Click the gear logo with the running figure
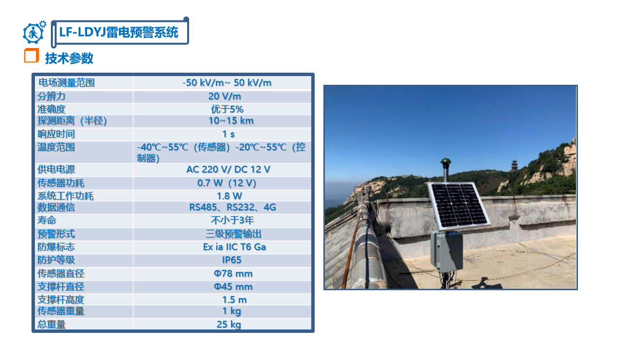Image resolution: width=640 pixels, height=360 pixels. click(x=34, y=32)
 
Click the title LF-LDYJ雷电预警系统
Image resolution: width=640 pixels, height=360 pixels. click(x=119, y=32)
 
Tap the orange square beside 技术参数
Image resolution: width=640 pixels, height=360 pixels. click(x=32, y=55)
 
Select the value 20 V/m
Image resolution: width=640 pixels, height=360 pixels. click(x=224, y=96)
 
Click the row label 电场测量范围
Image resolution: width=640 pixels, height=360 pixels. click(x=66, y=83)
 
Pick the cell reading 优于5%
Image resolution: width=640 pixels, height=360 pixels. click(x=227, y=109)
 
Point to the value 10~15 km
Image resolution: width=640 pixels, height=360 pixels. click(x=231, y=121)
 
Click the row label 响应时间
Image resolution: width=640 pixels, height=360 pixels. click(x=56, y=134)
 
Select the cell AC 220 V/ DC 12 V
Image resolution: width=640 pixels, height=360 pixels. click(x=228, y=169)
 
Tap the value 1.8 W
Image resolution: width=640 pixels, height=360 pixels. click(x=229, y=196)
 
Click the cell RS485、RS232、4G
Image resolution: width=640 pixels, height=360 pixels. click(x=232, y=207)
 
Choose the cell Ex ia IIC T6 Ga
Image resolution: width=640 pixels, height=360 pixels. click(x=234, y=247)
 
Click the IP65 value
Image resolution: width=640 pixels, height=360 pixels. click(x=232, y=260)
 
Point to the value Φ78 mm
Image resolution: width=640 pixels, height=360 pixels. click(x=233, y=273)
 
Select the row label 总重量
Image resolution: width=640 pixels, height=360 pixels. click(x=51, y=325)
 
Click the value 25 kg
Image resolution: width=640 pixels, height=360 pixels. click(x=228, y=325)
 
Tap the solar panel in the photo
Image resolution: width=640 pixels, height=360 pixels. click(x=459, y=205)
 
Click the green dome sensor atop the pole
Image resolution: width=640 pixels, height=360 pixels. click(x=446, y=162)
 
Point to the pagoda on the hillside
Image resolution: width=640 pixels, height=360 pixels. click(x=514, y=165)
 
